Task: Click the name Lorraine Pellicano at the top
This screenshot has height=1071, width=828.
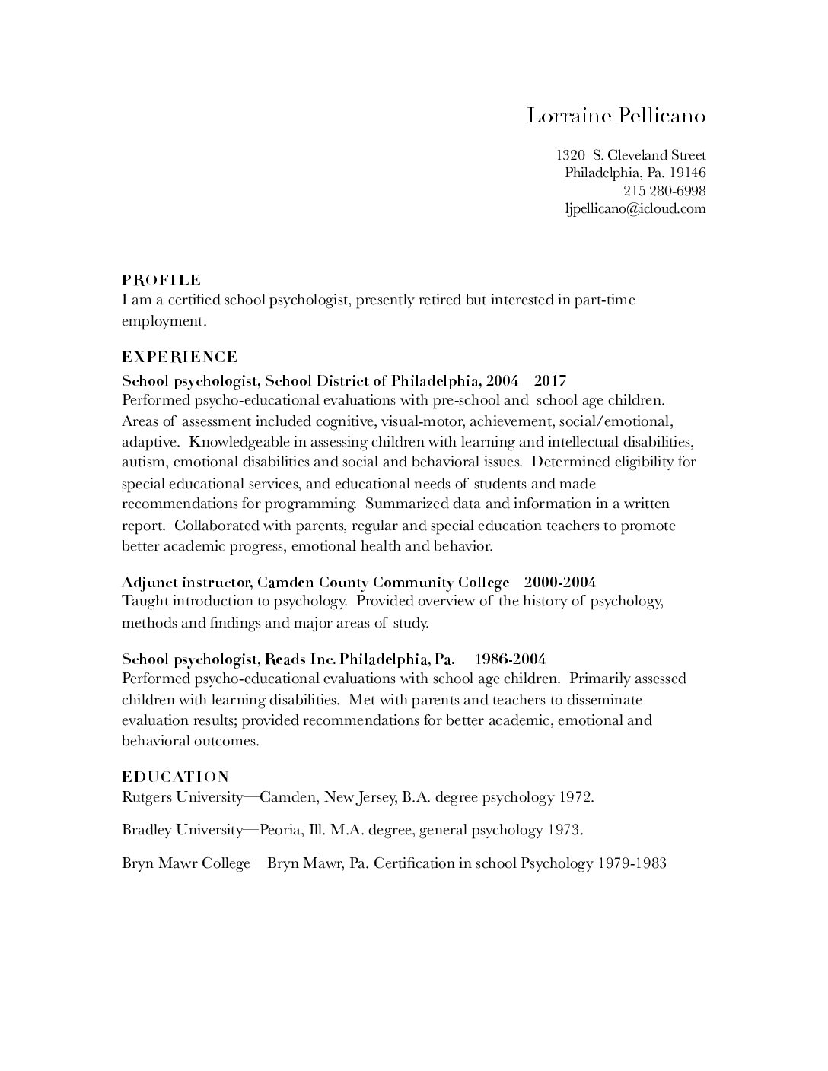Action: pos(616,116)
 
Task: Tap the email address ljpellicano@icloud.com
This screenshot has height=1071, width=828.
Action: pos(635,208)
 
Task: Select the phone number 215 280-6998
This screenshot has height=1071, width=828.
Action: pos(664,190)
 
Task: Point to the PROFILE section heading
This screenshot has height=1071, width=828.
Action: pos(161,280)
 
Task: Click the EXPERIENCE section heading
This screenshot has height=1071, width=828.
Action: pos(180,357)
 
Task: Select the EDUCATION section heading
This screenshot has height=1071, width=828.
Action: pos(175,777)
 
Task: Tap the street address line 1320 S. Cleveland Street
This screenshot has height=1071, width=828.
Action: pos(631,155)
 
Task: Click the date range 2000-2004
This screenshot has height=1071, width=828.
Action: pos(559,583)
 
